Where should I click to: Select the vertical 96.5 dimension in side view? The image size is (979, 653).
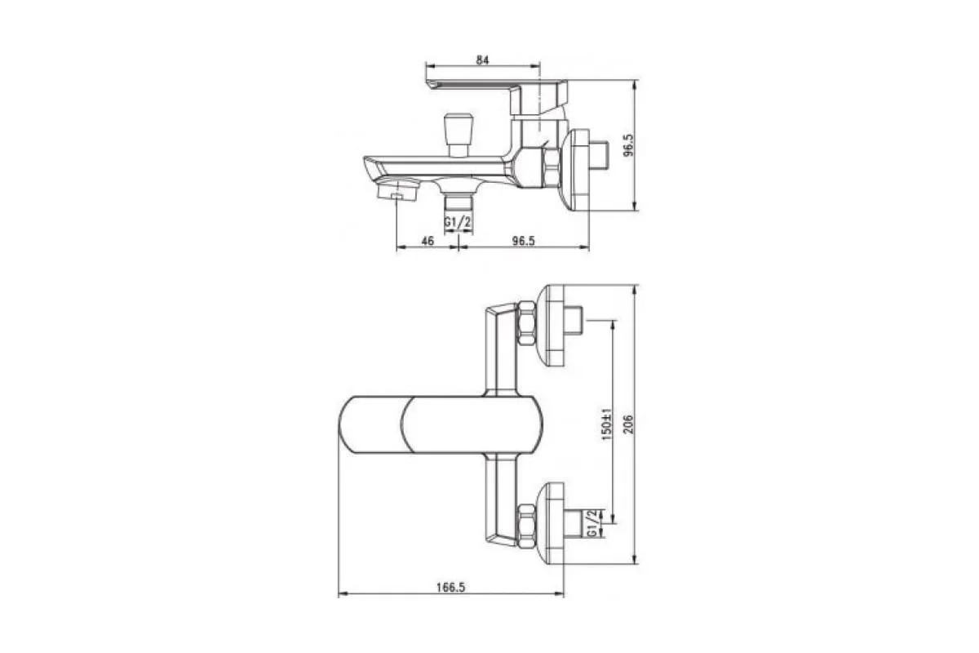pyautogui.click(x=628, y=145)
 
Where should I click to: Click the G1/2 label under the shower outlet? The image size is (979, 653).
pyautogui.click(x=458, y=222)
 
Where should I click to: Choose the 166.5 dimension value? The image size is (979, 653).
pyautogui.click(x=450, y=587)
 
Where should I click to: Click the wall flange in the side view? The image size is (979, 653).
pyautogui.click(x=581, y=170)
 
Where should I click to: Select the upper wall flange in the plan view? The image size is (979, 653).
pyautogui.click(x=555, y=325)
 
